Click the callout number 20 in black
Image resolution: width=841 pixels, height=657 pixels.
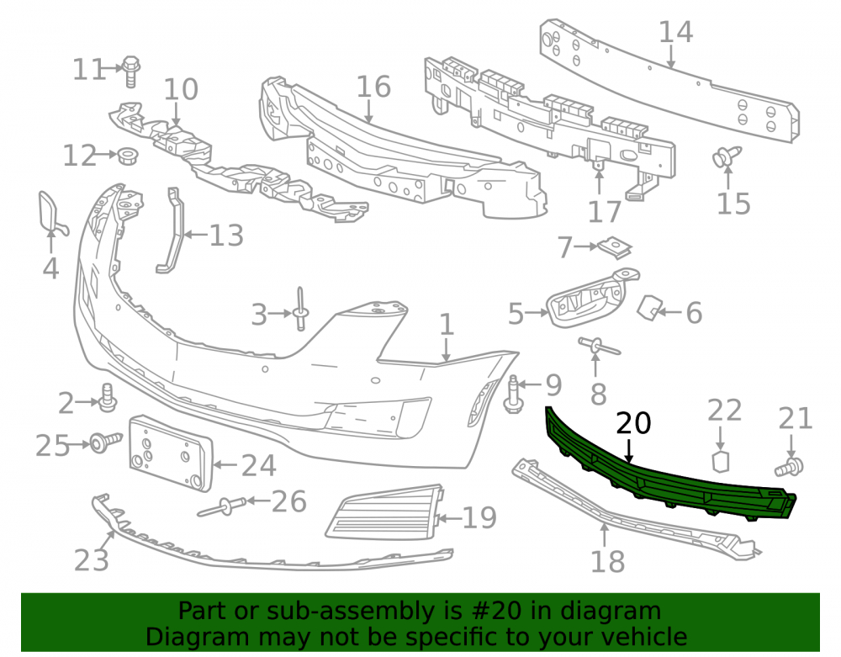click(633, 423)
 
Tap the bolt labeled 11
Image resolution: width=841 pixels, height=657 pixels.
click(130, 71)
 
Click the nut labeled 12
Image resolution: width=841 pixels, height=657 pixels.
click(127, 155)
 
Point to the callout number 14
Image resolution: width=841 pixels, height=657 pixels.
click(675, 32)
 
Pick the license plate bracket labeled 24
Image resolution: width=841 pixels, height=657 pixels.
click(171, 453)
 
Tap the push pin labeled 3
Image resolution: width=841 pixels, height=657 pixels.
click(300, 309)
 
